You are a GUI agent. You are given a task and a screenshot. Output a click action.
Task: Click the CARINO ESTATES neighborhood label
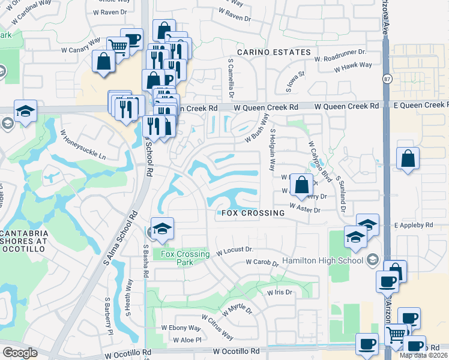point(274,52)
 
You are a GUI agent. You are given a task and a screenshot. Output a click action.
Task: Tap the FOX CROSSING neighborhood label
point(253,213)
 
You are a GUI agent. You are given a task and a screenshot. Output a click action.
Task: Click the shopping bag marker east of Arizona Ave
point(408,159)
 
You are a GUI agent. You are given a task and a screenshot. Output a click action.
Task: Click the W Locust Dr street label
point(235,250)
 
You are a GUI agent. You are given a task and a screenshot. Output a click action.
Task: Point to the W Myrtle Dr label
point(238,309)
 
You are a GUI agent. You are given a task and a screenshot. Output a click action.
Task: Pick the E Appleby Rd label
point(413,225)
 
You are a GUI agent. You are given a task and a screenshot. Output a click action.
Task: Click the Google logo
point(20,352)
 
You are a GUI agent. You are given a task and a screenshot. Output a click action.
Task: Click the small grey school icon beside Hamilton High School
point(373,260)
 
